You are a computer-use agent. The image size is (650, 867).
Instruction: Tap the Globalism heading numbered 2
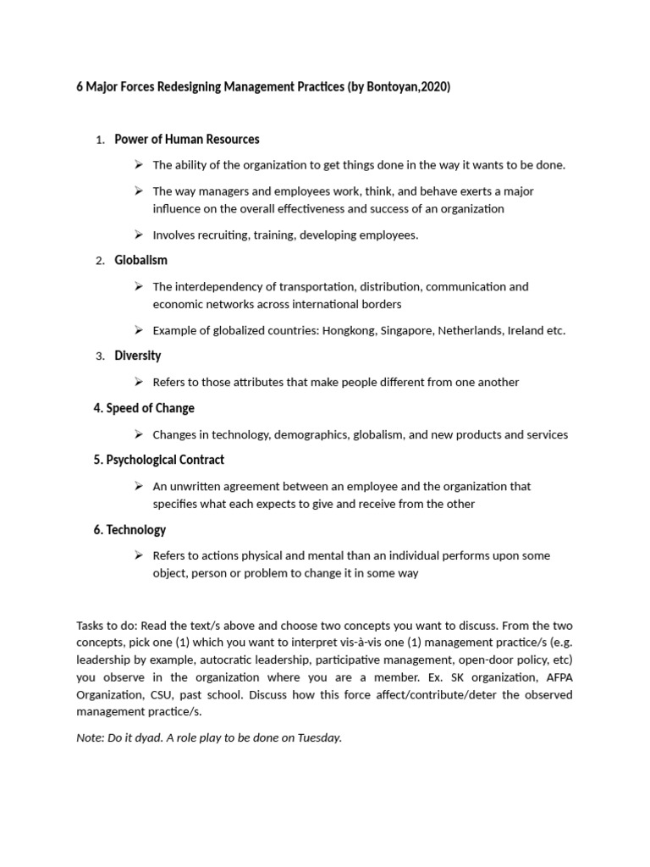[x=140, y=260]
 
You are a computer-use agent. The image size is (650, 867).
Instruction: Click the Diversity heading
[x=137, y=356]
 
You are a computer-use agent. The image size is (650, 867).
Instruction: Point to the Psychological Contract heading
[x=165, y=460]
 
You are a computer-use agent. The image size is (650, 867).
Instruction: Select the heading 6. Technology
[x=135, y=530]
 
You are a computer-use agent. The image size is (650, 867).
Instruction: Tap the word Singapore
[x=406, y=330]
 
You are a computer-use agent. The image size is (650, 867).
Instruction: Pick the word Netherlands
[x=471, y=330]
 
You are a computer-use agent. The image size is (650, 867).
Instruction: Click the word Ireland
[x=526, y=330]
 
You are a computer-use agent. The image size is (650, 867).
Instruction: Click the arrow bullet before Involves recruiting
[x=139, y=235]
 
